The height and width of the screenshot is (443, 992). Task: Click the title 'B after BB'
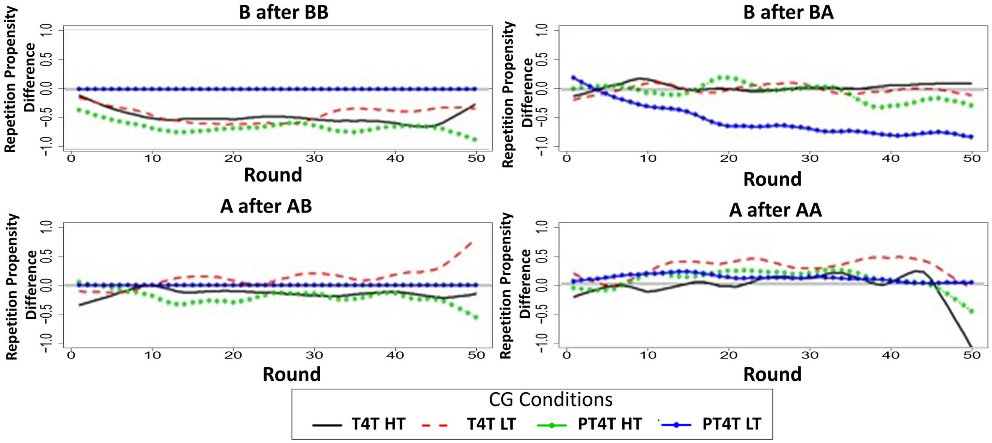click(x=283, y=13)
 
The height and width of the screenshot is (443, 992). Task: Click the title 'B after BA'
click(x=788, y=13)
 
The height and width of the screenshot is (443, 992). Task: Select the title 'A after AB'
click(x=266, y=206)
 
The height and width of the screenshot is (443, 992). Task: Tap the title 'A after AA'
click(x=775, y=210)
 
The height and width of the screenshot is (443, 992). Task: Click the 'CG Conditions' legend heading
click(x=550, y=400)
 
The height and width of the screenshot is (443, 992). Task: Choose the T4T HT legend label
click(x=378, y=424)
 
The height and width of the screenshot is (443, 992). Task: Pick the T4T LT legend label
click(x=491, y=424)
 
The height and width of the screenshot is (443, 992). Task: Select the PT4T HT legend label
click(x=609, y=424)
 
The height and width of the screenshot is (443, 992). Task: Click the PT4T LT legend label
click(x=731, y=424)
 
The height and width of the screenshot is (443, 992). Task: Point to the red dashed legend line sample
click(x=434, y=425)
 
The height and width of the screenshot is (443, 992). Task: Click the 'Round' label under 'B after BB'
click(x=273, y=175)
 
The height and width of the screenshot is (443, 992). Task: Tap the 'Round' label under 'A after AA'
click(x=772, y=374)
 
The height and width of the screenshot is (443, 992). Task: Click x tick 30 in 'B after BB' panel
click(x=314, y=159)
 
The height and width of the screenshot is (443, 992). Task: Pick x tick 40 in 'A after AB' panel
click(x=395, y=355)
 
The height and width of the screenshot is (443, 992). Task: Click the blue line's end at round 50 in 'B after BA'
click(x=971, y=137)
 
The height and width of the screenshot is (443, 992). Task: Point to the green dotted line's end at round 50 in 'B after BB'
click(x=475, y=140)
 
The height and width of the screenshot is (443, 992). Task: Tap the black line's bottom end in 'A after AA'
click(x=971, y=347)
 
